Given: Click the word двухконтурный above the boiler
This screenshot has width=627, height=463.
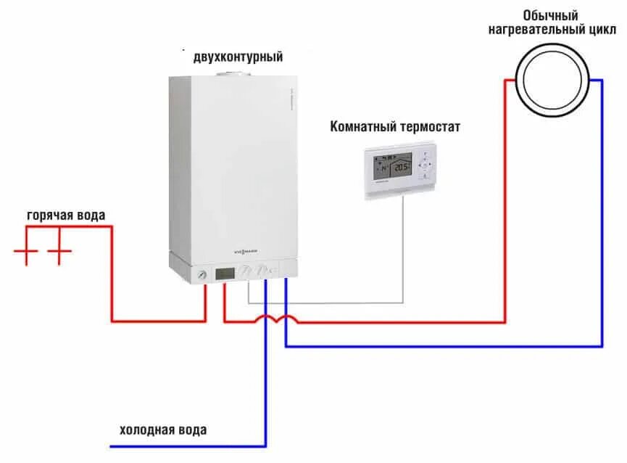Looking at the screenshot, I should [238, 57].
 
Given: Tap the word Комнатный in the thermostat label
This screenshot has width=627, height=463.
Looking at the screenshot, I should [362, 127].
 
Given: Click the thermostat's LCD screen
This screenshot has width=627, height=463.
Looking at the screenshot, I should [392, 167].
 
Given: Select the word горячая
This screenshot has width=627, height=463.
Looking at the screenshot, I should [49, 216].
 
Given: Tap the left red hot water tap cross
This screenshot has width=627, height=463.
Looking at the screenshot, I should [26, 253].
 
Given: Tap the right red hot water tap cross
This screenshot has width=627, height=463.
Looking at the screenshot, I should [60, 253].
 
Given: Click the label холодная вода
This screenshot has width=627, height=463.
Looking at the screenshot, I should [163, 430].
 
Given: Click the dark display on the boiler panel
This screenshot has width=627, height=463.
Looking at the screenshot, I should [225, 274].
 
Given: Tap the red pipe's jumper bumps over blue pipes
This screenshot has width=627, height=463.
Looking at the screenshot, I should [275, 319].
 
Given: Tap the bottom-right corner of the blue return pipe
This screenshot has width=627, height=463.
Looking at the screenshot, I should [602, 345].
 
